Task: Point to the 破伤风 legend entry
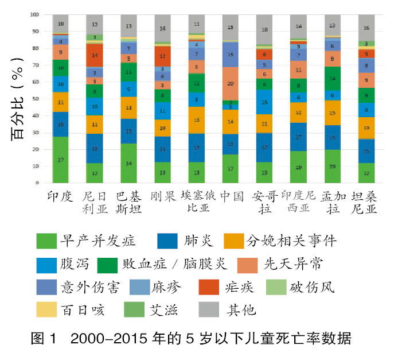click(310, 286)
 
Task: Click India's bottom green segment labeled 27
click(61, 160)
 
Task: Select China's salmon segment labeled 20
click(231, 84)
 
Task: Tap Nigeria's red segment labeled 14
click(95, 56)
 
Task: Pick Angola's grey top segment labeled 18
click(264, 29)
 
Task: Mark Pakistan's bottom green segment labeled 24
click(129, 163)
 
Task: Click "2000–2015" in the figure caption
click(101, 339)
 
